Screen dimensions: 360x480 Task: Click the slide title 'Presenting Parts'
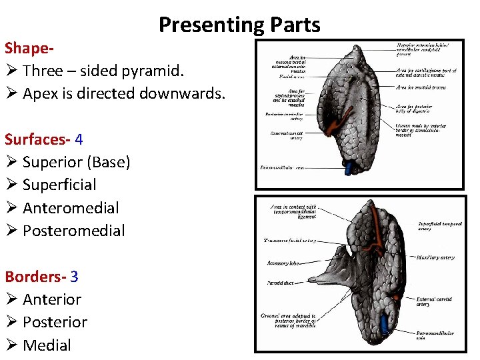(239, 25)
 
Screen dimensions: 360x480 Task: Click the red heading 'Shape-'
(29, 48)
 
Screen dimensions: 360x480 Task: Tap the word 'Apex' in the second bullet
(40, 93)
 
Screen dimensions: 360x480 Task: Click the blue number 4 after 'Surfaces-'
(79, 139)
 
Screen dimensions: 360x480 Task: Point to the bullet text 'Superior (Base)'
(76, 162)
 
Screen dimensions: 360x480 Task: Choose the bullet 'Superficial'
(59, 185)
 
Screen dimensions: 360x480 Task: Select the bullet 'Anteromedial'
(71, 208)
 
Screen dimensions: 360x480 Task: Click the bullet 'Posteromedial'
(73, 231)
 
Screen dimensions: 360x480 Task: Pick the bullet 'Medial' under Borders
(47, 345)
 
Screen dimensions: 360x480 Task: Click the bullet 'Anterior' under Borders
(52, 299)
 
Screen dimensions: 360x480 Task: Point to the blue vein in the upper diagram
(348, 167)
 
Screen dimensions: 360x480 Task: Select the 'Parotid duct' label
(281, 283)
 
